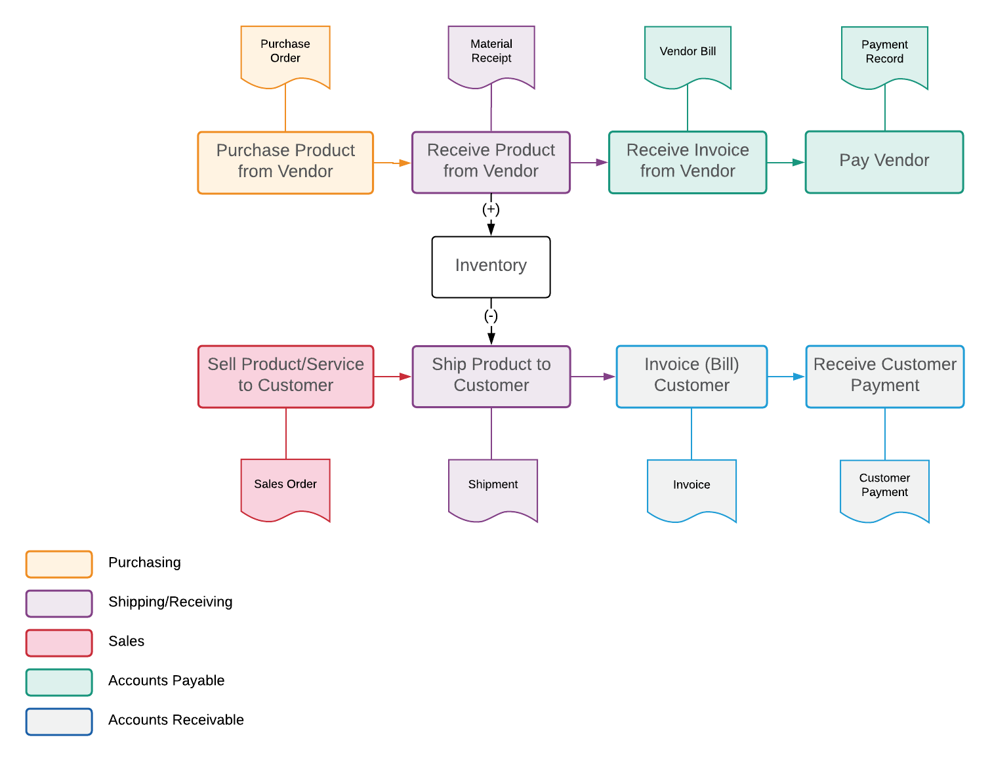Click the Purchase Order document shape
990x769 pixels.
[285, 55]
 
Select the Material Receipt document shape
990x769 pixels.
[491, 55]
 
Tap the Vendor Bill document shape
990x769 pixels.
[688, 55]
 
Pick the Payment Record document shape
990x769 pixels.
[884, 56]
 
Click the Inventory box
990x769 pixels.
[491, 266]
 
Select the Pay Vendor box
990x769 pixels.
[884, 161]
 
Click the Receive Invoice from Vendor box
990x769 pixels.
[688, 161]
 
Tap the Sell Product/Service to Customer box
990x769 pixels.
[285, 376]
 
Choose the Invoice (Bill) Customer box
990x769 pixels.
[691, 376]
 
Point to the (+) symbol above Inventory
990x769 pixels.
[491, 209]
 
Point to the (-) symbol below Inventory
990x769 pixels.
[491, 316]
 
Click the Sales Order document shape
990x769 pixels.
[285, 488]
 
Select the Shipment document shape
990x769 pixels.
[493, 488]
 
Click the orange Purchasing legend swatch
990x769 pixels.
[59, 564]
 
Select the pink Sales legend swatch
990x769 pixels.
[59, 642]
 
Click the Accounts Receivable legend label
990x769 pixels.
[176, 720]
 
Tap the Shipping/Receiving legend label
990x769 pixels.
[170, 602]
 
